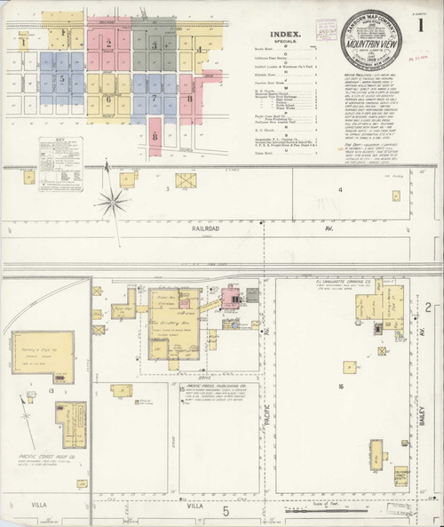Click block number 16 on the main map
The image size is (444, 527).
[x=341, y=387]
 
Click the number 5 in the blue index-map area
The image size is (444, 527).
[x=62, y=78]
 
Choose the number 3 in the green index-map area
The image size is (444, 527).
[x=155, y=44]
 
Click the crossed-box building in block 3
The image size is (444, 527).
[x=186, y=180]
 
